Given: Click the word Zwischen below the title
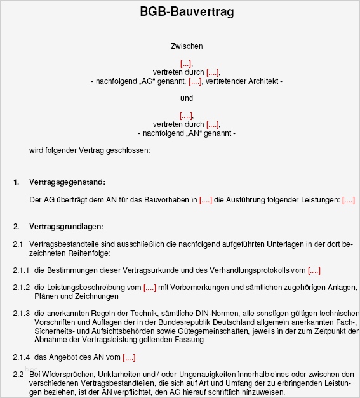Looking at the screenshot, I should [x=187, y=46].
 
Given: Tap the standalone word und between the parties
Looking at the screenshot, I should [x=187, y=98].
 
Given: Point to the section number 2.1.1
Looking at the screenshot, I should [x=22, y=270].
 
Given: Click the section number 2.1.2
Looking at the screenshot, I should [x=22, y=288].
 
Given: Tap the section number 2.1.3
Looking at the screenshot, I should [x=22, y=314].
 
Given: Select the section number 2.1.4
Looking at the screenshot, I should [x=22, y=357].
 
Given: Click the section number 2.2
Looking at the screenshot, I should [x=18, y=375].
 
